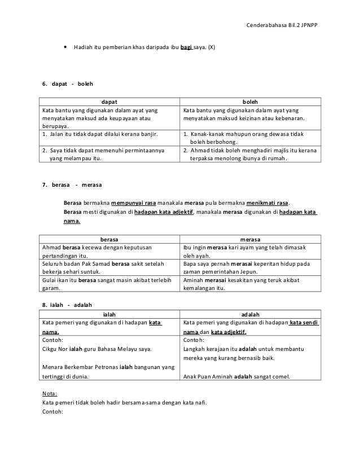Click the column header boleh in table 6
click(x=250, y=102)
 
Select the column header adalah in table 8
click(x=250, y=314)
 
